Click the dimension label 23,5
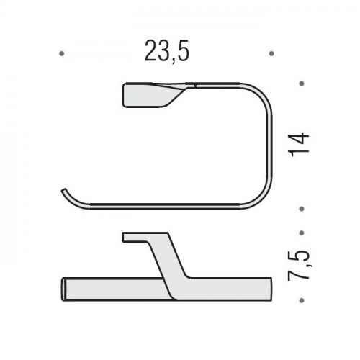(x=167, y=52)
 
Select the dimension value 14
(x=299, y=145)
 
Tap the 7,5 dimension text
(x=298, y=265)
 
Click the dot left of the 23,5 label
(x=62, y=53)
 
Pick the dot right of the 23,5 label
(x=271, y=53)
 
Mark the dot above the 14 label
(x=302, y=84)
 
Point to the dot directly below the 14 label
(x=302, y=209)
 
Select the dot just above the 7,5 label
(x=302, y=233)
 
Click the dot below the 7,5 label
(x=302, y=300)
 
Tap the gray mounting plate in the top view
(x=149, y=95)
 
